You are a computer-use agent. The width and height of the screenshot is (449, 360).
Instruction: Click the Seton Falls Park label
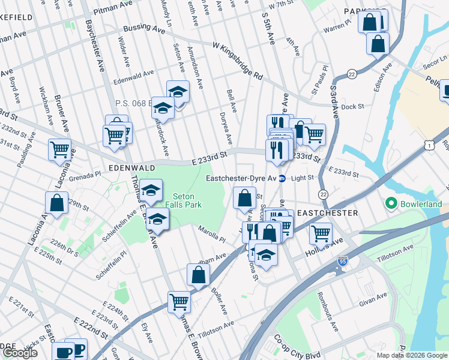[x=187, y=200]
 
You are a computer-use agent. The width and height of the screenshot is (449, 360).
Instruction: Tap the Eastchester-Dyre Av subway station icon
[x=282, y=178]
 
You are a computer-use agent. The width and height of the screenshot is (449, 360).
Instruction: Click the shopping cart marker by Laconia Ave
[x=59, y=149]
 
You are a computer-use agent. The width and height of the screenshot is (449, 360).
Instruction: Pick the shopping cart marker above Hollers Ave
[x=321, y=232]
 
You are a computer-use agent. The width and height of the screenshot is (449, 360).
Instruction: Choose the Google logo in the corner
[x=20, y=353]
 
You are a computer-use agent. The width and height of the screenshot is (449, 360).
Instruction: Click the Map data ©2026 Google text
[x=412, y=355]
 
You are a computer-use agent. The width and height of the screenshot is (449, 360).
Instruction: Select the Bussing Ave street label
[x=144, y=29]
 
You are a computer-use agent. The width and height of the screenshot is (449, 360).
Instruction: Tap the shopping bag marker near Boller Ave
[x=198, y=275]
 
